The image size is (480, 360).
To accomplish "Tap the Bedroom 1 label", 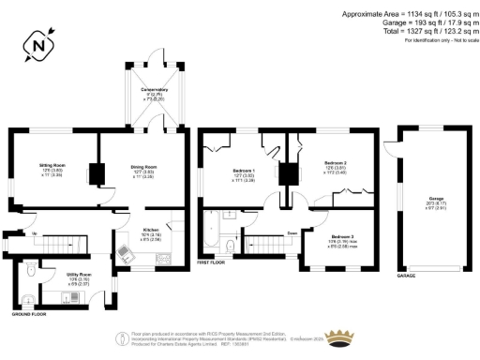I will tap(245, 173).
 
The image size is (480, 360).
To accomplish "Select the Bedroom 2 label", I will tap(336, 169).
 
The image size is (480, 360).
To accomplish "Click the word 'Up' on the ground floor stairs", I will tap(36, 232).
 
